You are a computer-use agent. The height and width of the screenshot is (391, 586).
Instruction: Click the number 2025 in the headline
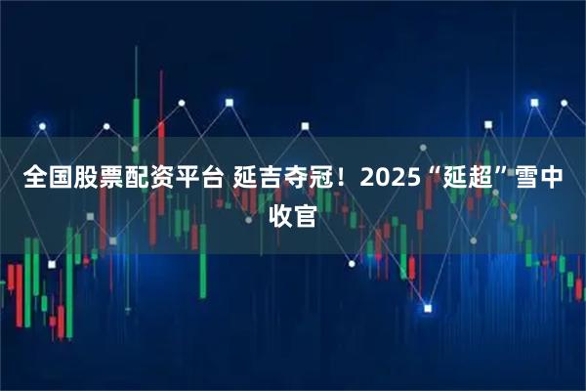(392, 178)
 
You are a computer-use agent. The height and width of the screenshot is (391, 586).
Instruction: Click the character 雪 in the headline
(525, 178)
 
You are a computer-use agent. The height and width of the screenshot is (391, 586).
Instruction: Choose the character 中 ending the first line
(551, 178)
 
